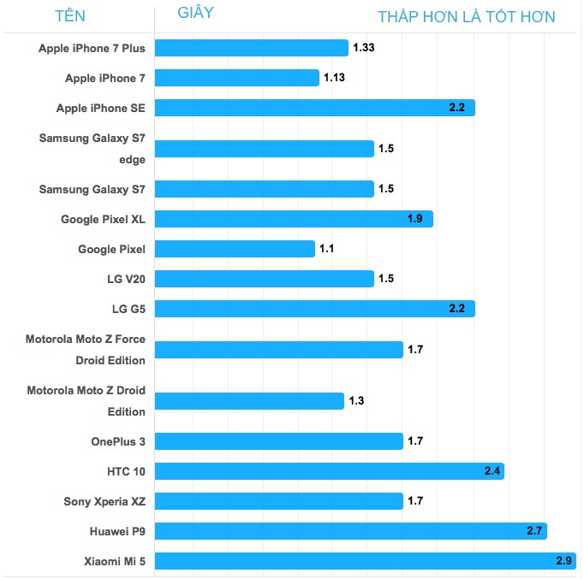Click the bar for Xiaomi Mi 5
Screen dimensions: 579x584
click(x=366, y=561)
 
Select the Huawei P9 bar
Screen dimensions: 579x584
click(x=351, y=531)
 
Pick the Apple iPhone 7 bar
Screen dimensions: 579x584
click(x=237, y=78)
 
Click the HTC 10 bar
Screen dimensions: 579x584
click(x=330, y=471)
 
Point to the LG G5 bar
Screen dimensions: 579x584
click(x=314, y=308)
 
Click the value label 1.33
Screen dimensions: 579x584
click(x=363, y=48)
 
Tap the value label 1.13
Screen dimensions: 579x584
click(x=334, y=78)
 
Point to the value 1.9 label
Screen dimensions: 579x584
click(x=416, y=219)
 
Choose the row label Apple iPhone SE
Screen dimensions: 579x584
click(x=101, y=109)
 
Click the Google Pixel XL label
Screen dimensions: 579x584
click(x=103, y=220)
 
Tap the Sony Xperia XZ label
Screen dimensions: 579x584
click(x=104, y=501)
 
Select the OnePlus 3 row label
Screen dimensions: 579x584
click(x=118, y=442)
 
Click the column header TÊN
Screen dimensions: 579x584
click(x=70, y=16)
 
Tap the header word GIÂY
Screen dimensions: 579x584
click(x=196, y=13)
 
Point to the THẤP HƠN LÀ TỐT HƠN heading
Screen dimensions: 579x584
click(x=467, y=17)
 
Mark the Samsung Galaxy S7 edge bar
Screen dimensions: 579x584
click(x=265, y=149)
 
